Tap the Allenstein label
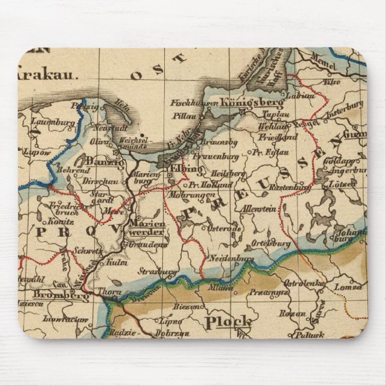coord(258,209)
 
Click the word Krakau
coord(46,76)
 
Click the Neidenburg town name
coord(233,258)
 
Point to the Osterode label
coord(225,228)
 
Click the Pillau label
coord(183,112)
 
